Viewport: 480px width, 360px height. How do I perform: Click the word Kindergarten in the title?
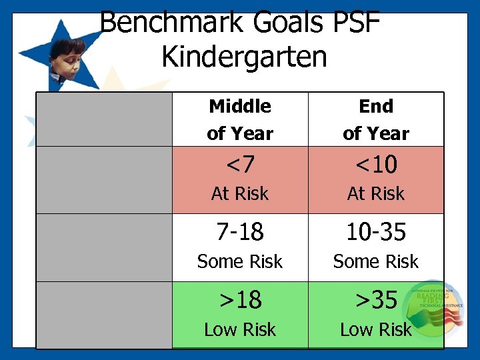[x=244, y=57]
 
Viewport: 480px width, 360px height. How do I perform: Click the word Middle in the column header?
[x=240, y=106]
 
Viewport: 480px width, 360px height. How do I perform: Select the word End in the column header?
[x=376, y=106]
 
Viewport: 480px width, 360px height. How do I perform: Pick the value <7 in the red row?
[x=240, y=163]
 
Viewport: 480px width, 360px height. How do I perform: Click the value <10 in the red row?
[x=376, y=163]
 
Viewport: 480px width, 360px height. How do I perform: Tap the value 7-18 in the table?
[x=240, y=232]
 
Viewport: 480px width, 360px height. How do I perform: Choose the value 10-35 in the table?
[x=376, y=232]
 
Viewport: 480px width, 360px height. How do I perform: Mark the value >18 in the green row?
[x=240, y=300]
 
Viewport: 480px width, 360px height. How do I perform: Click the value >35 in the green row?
[x=376, y=300]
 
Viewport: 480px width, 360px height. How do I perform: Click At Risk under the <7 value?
[x=240, y=194]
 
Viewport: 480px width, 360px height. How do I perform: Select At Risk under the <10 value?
[x=376, y=194]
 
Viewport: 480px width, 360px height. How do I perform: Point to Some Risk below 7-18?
[x=240, y=262]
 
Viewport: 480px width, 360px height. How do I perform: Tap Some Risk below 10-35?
[x=376, y=262]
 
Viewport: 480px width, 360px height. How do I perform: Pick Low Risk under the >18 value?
[x=240, y=329]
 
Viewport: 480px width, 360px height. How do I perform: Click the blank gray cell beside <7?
[x=105, y=180]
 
